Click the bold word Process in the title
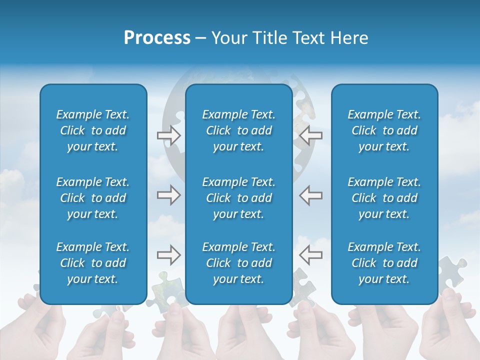point(157,38)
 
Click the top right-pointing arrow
point(168,135)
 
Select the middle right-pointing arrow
point(168,195)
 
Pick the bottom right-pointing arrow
point(168,255)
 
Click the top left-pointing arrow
point(310,135)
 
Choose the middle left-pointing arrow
point(310,195)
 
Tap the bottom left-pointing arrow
point(310,255)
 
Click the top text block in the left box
point(93,130)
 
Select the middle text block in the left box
point(93,198)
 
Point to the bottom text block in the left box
point(93,263)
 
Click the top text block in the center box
point(238,130)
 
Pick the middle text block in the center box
point(238,198)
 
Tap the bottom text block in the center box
point(238,263)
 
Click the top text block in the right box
point(384,130)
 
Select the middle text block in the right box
point(384,198)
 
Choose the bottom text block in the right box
point(384,263)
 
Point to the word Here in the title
point(349,38)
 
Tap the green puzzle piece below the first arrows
point(167,292)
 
